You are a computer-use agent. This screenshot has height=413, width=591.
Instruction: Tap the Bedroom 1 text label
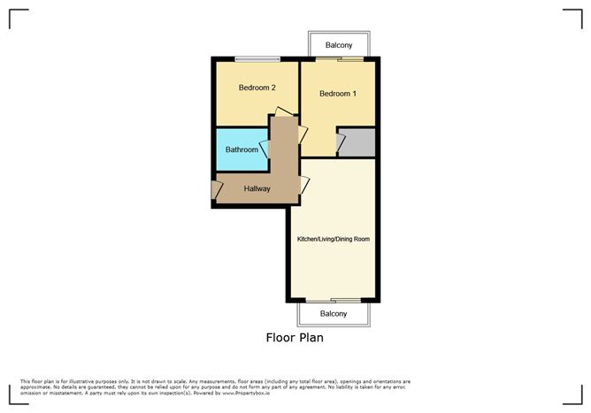tap(338, 94)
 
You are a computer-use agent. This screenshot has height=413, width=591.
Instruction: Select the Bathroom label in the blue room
tap(242, 149)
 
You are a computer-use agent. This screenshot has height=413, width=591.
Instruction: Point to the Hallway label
tap(257, 188)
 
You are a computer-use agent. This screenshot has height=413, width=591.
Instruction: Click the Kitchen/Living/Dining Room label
tap(333, 239)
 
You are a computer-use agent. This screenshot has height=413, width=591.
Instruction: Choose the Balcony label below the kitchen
tap(333, 314)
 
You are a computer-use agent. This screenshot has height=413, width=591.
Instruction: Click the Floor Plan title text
tap(295, 337)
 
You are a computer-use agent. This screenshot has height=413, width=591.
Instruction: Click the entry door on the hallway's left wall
tap(216, 189)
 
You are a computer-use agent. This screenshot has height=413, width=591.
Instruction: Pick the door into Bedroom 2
tap(284, 113)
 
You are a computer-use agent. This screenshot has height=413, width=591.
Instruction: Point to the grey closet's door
tap(340, 141)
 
